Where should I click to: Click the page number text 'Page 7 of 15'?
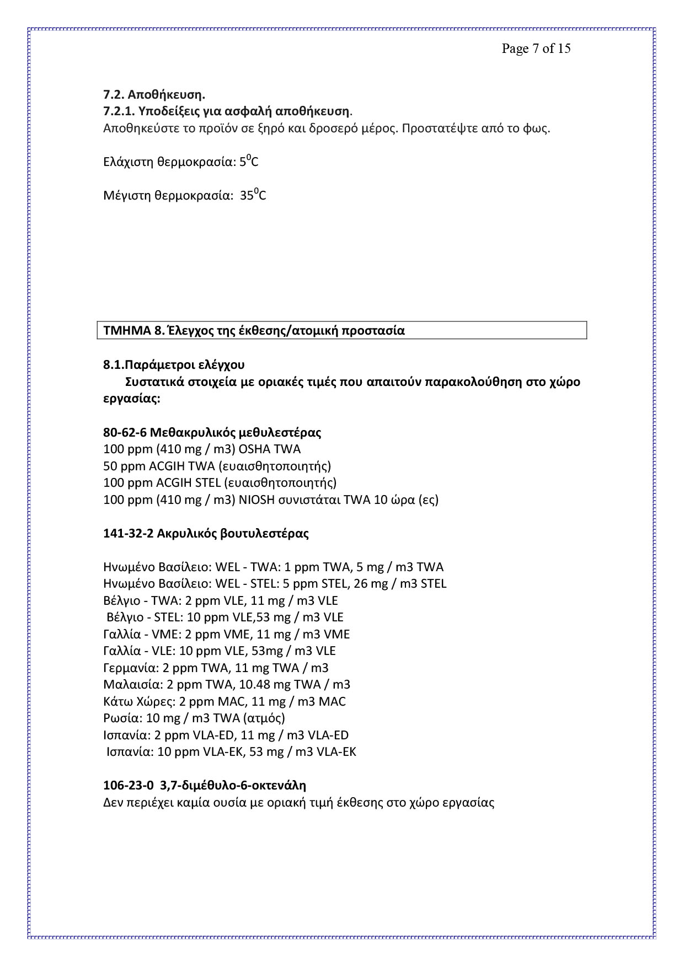click(x=536, y=49)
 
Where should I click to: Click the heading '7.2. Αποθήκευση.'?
click(x=154, y=95)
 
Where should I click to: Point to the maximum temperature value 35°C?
click(x=253, y=195)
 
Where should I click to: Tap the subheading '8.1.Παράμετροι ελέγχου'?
click(x=174, y=364)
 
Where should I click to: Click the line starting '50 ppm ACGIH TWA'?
click(x=217, y=466)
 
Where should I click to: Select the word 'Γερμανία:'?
click(x=131, y=668)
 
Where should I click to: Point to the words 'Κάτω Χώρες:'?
click(x=138, y=701)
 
